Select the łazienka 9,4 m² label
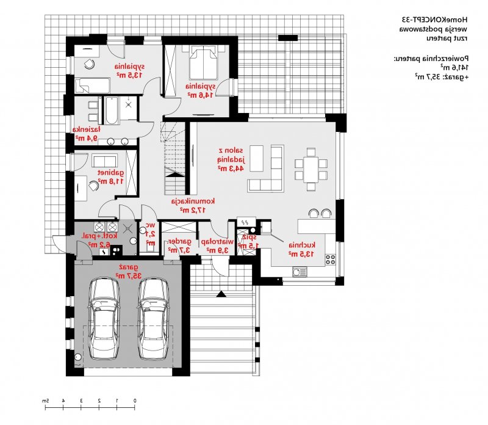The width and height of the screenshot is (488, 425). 87,133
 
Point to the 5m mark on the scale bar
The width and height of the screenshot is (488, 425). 45,401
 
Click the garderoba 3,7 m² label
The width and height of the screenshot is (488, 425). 180,245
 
